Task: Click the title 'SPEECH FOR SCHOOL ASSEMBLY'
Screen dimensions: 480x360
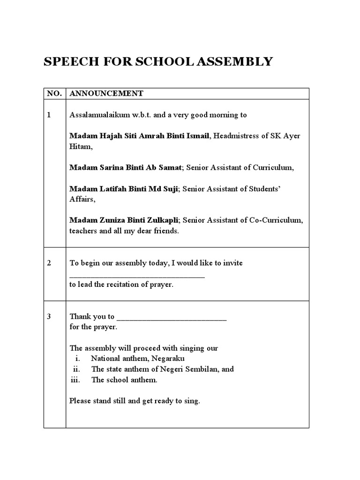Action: [x=158, y=61]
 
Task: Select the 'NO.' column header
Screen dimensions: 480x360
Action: [x=54, y=94]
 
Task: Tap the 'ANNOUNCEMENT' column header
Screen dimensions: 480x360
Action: [x=106, y=94]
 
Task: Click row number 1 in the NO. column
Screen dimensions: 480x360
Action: [x=49, y=115]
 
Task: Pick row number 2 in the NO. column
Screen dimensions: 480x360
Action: [x=49, y=263]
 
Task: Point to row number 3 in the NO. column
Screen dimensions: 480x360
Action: [x=49, y=316]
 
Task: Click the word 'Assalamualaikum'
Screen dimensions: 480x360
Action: [x=98, y=115]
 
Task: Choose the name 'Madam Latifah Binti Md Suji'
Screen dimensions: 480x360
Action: [x=124, y=189]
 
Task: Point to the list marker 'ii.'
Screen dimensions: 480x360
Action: [x=77, y=369]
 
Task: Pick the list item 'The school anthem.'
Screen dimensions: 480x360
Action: [x=125, y=380]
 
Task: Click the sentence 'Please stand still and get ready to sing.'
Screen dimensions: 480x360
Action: [x=135, y=401]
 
